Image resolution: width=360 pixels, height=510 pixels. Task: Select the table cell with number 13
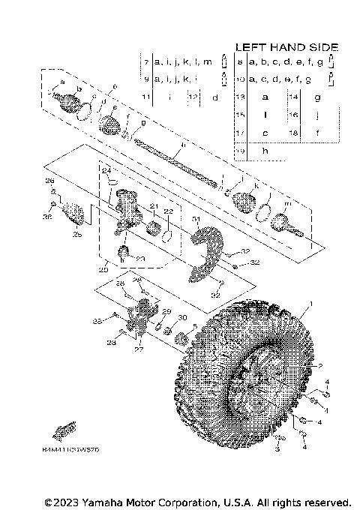(x=241, y=97)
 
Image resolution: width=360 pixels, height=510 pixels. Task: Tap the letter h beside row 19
(x=265, y=151)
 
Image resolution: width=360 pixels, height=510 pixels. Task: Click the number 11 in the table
(x=145, y=97)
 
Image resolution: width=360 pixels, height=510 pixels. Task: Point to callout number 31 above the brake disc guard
(x=195, y=220)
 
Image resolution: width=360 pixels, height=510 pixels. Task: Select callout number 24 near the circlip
(x=106, y=172)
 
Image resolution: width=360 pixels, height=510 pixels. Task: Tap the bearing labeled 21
(x=155, y=227)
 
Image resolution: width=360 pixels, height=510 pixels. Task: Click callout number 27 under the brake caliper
(x=136, y=349)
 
